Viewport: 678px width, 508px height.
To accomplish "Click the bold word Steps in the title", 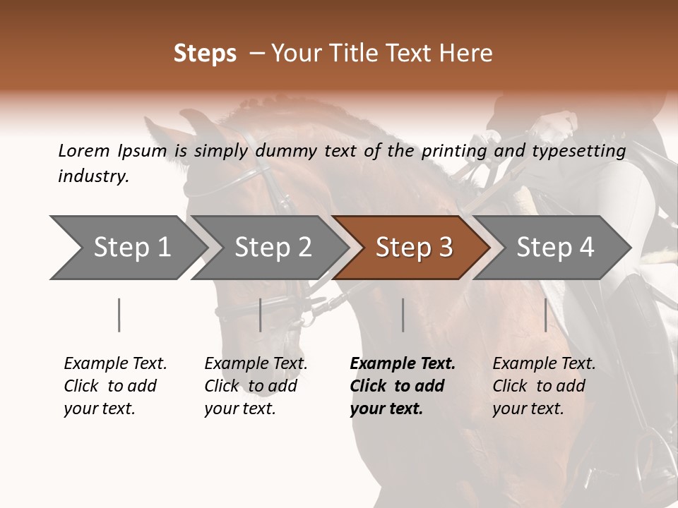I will pyautogui.click(x=205, y=54).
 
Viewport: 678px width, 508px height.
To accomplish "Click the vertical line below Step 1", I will pyautogui.click(x=119, y=315).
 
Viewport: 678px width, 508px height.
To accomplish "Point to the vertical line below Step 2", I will pyautogui.click(x=261, y=315).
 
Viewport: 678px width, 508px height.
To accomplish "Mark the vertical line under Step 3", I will pyautogui.click(x=403, y=315).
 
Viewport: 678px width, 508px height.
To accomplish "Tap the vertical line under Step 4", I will pyautogui.click(x=546, y=315).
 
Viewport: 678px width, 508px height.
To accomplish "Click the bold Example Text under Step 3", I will pyautogui.click(x=403, y=363).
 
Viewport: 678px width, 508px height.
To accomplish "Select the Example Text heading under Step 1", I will pyautogui.click(x=115, y=363).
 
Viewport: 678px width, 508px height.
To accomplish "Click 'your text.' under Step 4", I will pyautogui.click(x=528, y=409).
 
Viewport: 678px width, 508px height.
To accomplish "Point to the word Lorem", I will pyautogui.click(x=84, y=151).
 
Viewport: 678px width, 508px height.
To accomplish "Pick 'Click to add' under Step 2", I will pyautogui.click(x=251, y=386).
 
